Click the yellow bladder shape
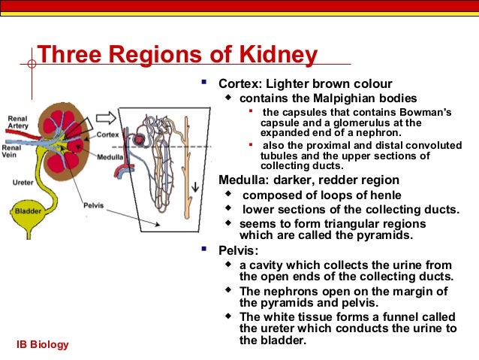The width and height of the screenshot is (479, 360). pyautogui.click(x=28, y=210)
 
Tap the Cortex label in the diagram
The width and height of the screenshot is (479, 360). pyautogui.click(x=107, y=135)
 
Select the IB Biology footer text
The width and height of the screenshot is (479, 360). pyautogui.click(x=43, y=345)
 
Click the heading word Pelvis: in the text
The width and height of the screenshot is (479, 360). pyautogui.click(x=236, y=250)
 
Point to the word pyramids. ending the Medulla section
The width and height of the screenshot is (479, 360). pyautogui.click(x=386, y=235)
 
